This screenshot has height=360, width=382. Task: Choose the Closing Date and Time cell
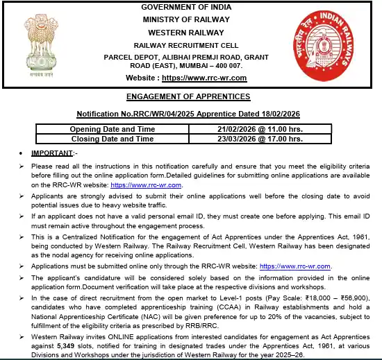113,139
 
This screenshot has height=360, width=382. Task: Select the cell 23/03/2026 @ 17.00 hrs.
264,139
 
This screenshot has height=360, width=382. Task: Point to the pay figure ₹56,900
355,297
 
